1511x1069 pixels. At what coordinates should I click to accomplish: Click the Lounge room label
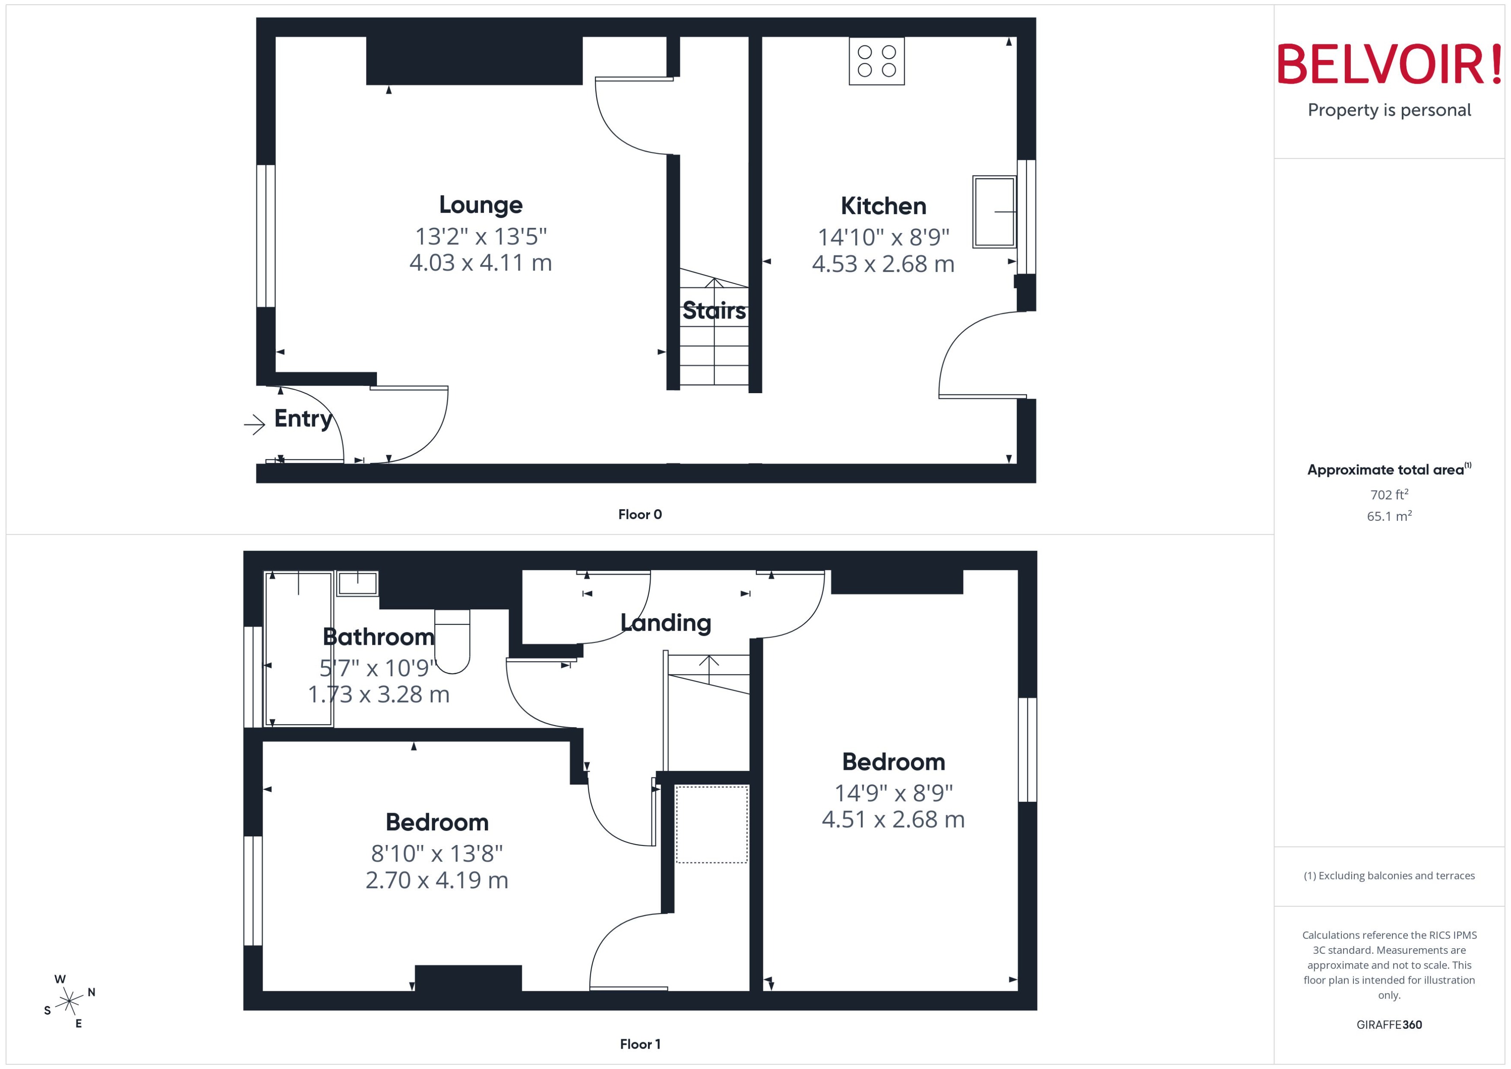(x=480, y=205)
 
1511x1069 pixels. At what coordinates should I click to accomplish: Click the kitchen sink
(x=994, y=211)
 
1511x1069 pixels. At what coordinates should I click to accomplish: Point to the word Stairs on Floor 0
(x=714, y=310)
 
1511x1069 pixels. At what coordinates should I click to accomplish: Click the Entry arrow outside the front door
(x=254, y=425)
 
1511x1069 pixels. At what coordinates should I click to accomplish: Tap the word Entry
(x=303, y=419)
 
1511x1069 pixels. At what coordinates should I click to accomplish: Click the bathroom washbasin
(x=357, y=583)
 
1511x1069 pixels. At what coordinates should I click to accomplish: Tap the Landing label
(x=666, y=623)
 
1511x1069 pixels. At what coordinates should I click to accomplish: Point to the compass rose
(x=69, y=1002)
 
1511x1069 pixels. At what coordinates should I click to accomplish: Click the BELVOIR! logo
(x=1389, y=64)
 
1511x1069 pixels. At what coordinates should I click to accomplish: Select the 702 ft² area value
(x=1389, y=494)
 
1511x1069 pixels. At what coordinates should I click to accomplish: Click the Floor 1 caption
(x=640, y=1044)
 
